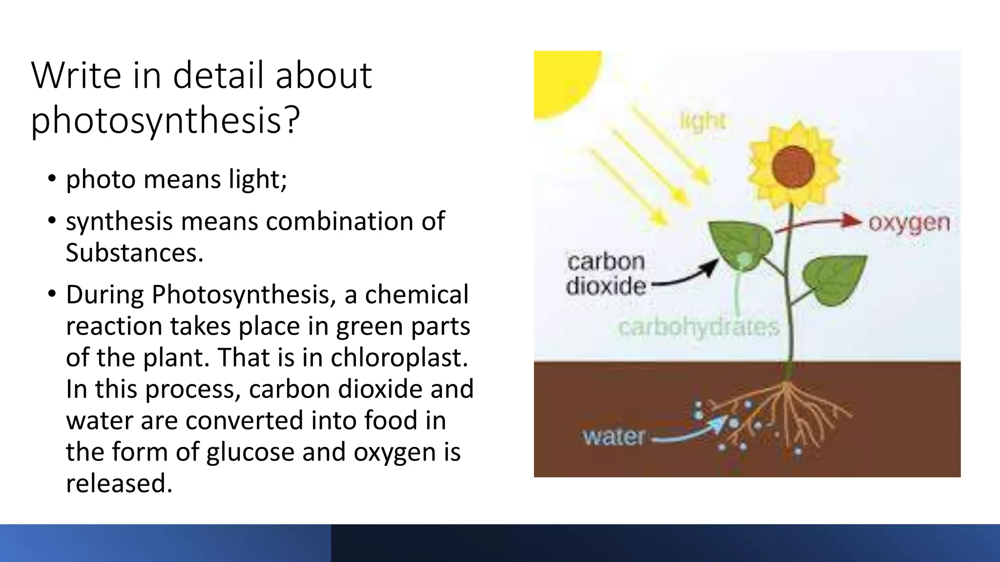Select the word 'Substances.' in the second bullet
pyautogui.click(x=134, y=253)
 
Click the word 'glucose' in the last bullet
pyautogui.click(x=250, y=452)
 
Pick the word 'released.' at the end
pyautogui.click(x=119, y=483)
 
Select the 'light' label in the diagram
pyautogui.click(x=702, y=121)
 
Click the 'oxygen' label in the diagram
pyautogui.click(x=909, y=223)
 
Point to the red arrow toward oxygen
pyautogui.click(x=820, y=224)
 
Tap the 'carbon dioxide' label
pyautogui.click(x=605, y=274)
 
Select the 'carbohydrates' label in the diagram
pyautogui.click(x=698, y=327)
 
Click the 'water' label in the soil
pyautogui.click(x=614, y=436)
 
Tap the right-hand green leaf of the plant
pyautogui.click(x=834, y=279)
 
